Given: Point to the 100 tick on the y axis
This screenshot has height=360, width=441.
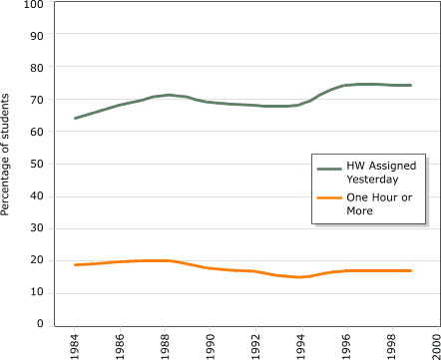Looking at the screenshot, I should tap(33, 5).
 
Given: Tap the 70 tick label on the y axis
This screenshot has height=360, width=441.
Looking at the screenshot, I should tap(36, 101).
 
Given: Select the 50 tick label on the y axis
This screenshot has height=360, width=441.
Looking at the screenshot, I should tap(36, 165).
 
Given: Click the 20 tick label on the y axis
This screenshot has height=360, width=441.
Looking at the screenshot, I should tap(36, 260).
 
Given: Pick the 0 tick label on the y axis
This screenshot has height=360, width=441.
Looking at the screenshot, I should tap(40, 324).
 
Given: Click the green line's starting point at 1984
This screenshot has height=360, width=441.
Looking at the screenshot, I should tap(75, 119).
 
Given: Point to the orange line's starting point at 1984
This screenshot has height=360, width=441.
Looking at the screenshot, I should tap(75, 264).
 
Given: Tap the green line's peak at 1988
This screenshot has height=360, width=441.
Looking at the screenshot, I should tap(170, 95).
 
